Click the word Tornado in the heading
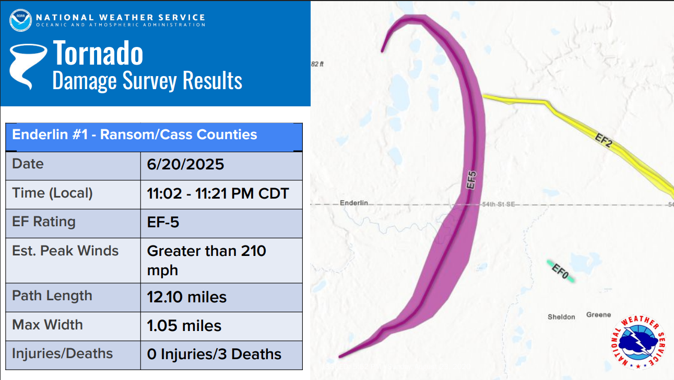click(x=98, y=53)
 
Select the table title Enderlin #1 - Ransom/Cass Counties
click(x=135, y=134)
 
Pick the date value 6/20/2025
click(x=185, y=165)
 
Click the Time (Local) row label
click(x=52, y=193)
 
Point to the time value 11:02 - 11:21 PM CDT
click(x=218, y=194)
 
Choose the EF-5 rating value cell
click(x=163, y=223)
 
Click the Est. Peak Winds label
click(x=65, y=251)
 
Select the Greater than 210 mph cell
click(x=206, y=260)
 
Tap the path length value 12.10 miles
click(x=186, y=298)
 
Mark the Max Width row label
click(x=48, y=325)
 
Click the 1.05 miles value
click(x=184, y=326)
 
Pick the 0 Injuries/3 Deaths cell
click(x=214, y=354)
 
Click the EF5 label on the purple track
click(x=471, y=180)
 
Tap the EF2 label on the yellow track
click(x=603, y=140)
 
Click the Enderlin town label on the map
click(x=354, y=203)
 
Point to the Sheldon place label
click(x=561, y=317)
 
